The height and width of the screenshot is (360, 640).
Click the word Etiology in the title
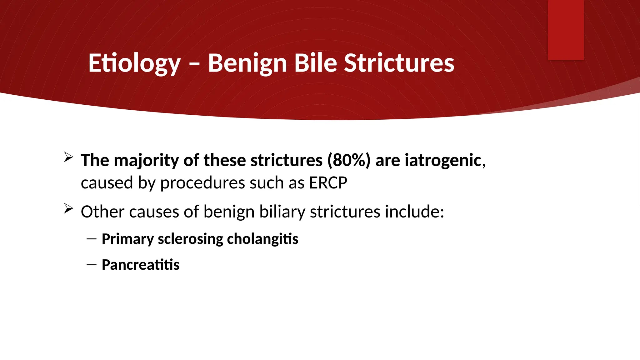click(x=134, y=63)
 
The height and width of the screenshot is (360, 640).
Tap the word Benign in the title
click(x=247, y=63)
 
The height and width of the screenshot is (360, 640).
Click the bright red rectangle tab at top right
click(x=566, y=30)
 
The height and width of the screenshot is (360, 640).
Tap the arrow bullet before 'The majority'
click(x=68, y=157)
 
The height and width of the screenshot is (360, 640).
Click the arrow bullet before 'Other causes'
click(x=68, y=208)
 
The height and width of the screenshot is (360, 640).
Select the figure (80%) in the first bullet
click(x=349, y=160)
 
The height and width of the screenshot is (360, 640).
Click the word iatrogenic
click(x=443, y=160)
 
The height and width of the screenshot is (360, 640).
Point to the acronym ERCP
click(x=328, y=183)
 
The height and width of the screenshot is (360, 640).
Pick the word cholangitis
click(x=262, y=239)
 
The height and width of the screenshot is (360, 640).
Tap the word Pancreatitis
click(x=141, y=265)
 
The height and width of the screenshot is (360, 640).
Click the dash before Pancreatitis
click(x=92, y=265)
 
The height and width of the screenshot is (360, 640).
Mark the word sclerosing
click(x=190, y=239)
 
